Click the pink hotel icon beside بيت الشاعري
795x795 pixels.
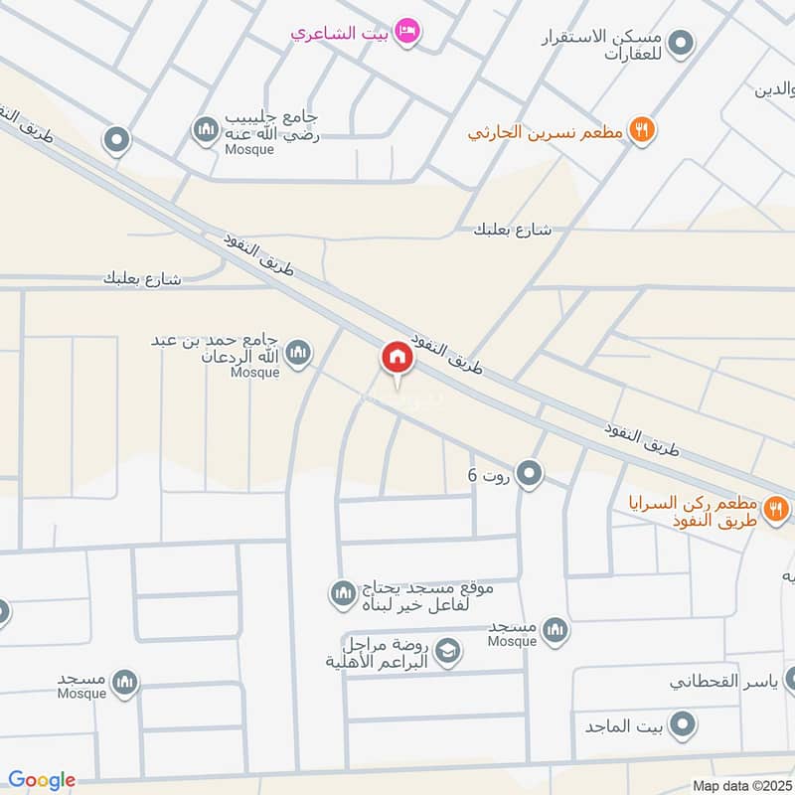(407, 33)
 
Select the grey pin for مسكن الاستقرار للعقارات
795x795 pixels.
(681, 43)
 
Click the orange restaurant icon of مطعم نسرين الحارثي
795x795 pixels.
(642, 129)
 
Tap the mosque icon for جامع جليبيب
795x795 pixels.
(206, 129)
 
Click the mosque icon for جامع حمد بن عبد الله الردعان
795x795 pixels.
(297, 353)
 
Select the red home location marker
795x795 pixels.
(397, 358)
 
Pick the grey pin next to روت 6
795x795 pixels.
(530, 474)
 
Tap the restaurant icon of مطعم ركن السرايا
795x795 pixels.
(776, 510)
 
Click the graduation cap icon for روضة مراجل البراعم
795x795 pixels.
(449, 651)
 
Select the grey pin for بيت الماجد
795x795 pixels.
(681, 726)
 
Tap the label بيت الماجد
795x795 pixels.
(622, 726)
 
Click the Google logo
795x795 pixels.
(42, 780)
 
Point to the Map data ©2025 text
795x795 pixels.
(740, 785)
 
